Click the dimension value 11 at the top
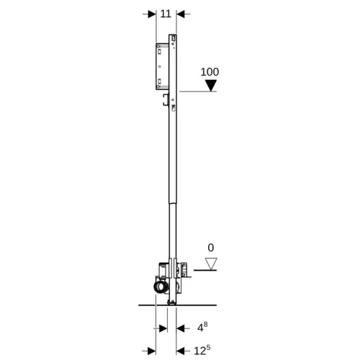click(166, 14)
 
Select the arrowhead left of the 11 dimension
click(152, 14)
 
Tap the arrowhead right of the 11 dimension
click(181, 14)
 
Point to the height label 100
click(210, 72)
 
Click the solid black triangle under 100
click(211, 86)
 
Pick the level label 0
click(211, 248)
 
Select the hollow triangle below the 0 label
click(211, 264)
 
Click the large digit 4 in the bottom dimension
click(200, 328)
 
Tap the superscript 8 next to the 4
click(205, 325)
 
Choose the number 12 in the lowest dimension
click(199, 351)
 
